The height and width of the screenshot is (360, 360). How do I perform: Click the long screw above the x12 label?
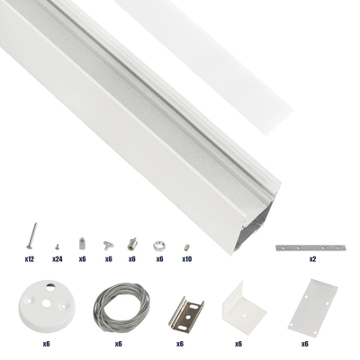30,238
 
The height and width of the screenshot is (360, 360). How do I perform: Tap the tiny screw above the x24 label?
57,243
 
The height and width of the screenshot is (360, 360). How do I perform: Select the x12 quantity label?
30,258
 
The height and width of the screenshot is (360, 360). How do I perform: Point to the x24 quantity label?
57,258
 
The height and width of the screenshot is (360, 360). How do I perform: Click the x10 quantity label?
186,258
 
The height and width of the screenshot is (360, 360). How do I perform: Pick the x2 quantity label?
312,258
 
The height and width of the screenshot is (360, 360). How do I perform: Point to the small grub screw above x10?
186,244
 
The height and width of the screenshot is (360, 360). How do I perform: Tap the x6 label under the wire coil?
118,343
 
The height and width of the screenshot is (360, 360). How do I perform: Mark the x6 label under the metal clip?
180,343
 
